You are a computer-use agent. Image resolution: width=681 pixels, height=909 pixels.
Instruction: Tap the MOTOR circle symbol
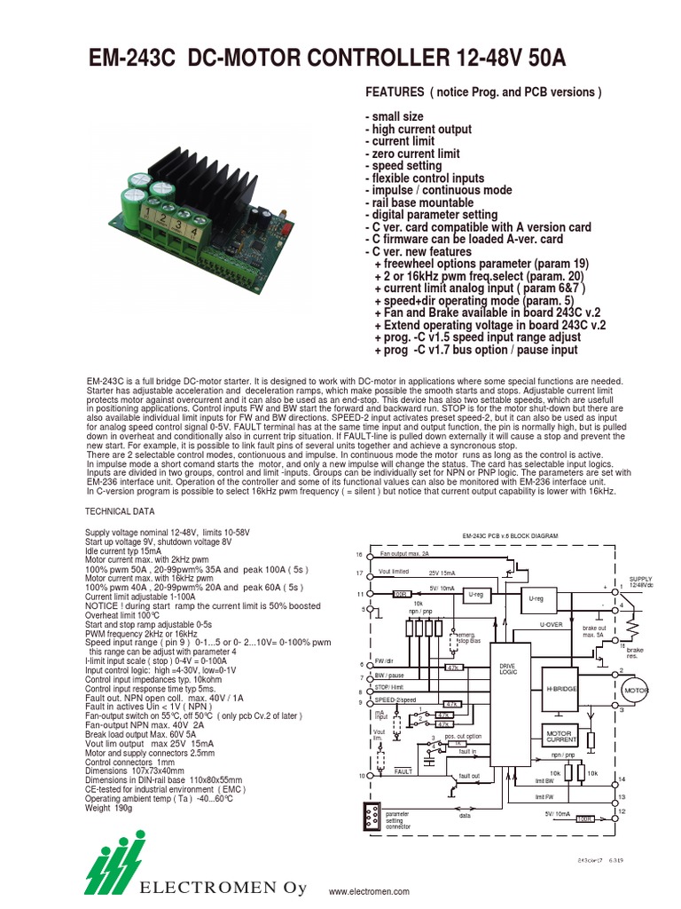tap(637, 690)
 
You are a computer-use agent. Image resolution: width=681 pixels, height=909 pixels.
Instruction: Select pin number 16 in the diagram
tap(360, 554)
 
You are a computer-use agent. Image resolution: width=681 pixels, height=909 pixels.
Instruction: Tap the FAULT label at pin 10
tap(405, 771)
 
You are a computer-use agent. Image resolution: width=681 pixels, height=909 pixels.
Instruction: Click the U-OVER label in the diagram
tap(552, 625)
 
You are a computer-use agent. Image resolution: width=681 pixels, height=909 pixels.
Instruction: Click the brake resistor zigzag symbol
tap(632, 628)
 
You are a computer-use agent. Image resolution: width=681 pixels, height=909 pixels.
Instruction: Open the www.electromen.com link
tap(369, 890)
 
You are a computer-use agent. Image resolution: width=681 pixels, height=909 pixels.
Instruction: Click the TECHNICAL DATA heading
tap(119, 511)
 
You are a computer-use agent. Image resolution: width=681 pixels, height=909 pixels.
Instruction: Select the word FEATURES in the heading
tap(395, 93)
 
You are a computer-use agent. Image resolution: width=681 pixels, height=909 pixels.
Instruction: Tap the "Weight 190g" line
tap(108, 808)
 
